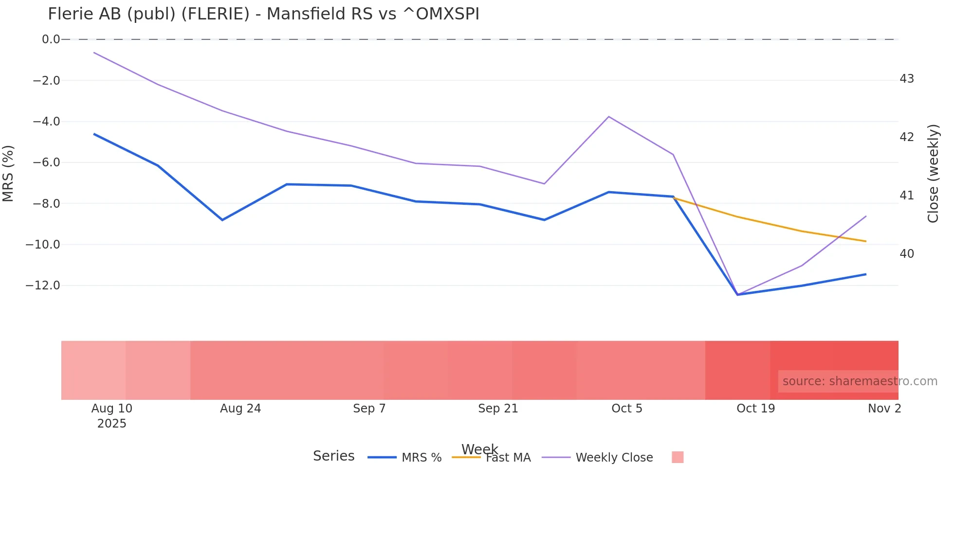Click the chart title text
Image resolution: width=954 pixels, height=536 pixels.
click(x=263, y=14)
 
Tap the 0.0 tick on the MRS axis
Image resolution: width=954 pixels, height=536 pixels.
click(x=51, y=39)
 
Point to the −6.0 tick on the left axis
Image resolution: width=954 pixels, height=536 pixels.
click(x=47, y=162)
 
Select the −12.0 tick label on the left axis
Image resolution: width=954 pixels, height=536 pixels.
click(x=43, y=286)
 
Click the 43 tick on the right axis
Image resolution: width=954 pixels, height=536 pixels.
click(x=907, y=79)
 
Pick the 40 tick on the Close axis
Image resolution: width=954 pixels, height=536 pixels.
click(x=907, y=254)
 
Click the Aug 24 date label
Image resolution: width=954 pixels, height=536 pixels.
click(x=240, y=409)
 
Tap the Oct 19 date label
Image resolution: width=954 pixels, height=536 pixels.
click(x=755, y=409)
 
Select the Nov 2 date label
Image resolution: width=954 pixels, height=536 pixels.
click(x=884, y=409)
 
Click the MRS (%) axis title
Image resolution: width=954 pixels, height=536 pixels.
click(x=8, y=173)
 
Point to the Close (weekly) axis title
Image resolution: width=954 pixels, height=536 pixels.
click(x=933, y=174)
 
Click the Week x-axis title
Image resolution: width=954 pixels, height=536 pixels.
click(x=479, y=448)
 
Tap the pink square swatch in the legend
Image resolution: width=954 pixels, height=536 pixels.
click(x=678, y=457)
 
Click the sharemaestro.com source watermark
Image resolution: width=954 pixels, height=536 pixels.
click(x=860, y=381)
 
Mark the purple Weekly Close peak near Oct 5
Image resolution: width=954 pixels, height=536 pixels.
click(x=609, y=117)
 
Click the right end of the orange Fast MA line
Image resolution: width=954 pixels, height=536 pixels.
click(x=866, y=241)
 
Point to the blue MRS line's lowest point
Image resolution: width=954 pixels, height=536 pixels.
click(x=737, y=295)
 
